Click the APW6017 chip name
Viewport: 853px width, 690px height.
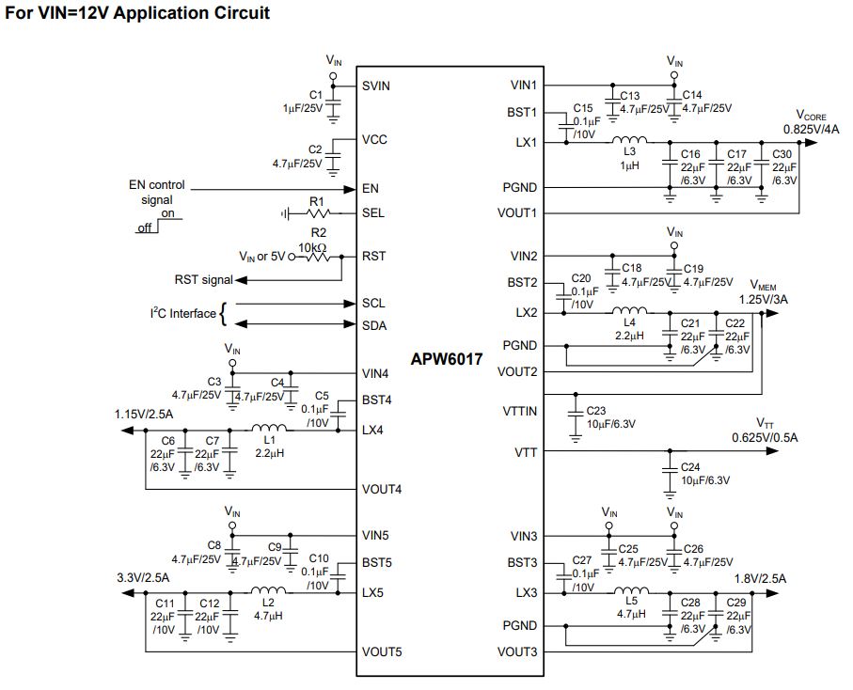(446, 359)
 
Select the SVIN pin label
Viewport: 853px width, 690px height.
(376, 86)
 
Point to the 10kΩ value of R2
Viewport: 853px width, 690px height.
(312, 248)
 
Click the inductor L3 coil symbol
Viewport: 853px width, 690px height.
(629, 140)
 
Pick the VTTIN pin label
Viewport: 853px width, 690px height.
(519, 411)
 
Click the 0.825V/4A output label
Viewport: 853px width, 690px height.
(811, 130)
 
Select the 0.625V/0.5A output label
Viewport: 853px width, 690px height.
(765, 438)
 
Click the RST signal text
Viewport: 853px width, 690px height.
(203, 279)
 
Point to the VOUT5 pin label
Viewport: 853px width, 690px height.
(382, 651)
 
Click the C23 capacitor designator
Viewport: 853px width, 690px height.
(595, 411)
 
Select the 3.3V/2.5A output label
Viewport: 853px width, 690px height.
(143, 577)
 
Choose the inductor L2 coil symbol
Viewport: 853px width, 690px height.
(268, 590)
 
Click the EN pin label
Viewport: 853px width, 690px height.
(370, 189)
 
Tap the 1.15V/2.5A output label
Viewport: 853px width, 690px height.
(144, 415)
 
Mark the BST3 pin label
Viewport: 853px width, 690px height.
(522, 563)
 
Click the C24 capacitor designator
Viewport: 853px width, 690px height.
(690, 467)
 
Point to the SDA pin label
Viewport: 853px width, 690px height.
(374, 325)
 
